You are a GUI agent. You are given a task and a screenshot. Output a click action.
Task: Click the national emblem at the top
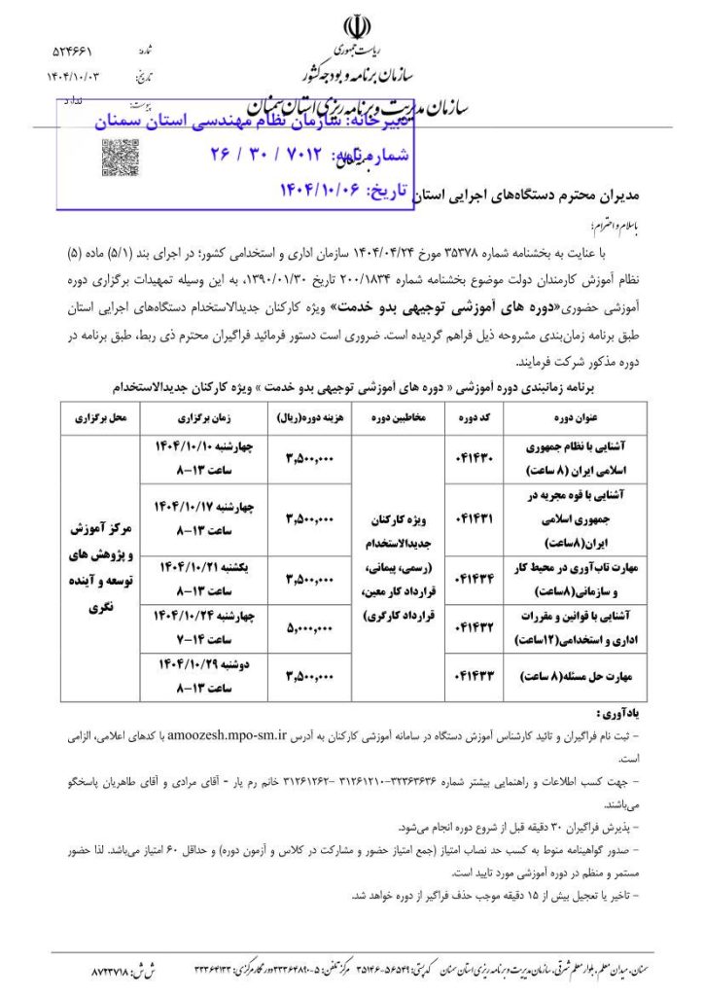[x=352, y=27]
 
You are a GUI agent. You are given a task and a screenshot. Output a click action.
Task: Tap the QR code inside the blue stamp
[x=120, y=156]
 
